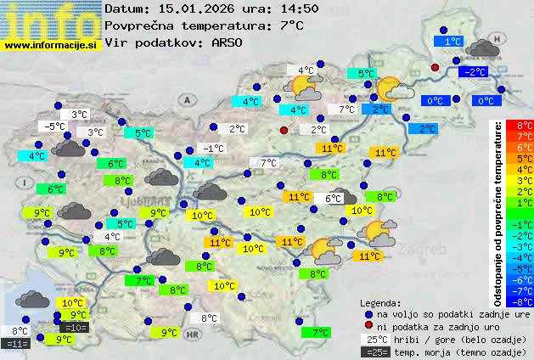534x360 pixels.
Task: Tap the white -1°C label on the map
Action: [213, 149]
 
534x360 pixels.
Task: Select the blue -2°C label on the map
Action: [474, 72]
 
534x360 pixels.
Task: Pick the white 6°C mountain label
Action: [332, 199]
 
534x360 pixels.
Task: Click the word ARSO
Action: [228, 42]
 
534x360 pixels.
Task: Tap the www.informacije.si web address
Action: [51, 45]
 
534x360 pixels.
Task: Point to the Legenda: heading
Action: [380, 303]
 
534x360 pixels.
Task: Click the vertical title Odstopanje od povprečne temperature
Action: [499, 212]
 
